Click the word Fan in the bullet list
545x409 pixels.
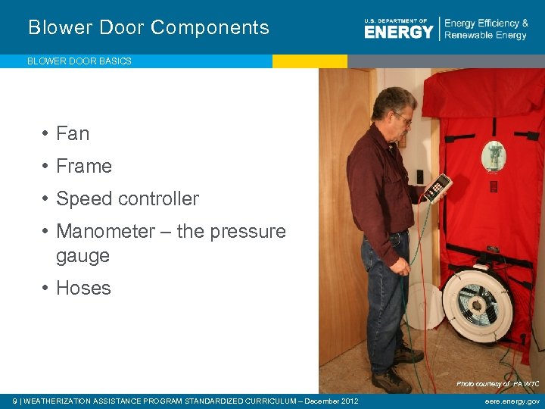pyautogui.click(x=73, y=134)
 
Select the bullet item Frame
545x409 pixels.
pyautogui.click(x=84, y=167)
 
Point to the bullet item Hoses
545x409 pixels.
pyautogui.click(x=83, y=289)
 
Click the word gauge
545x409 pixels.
pyautogui.click(x=83, y=256)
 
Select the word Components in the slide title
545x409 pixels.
pyautogui.click(x=210, y=28)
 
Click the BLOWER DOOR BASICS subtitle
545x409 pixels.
pyautogui.click(x=79, y=61)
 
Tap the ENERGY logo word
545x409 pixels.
pyautogui.click(x=398, y=31)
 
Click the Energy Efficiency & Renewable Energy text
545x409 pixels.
pyautogui.click(x=486, y=30)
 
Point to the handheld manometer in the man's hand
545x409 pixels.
pyautogui.click(x=438, y=188)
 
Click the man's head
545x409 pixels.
pyautogui.click(x=394, y=107)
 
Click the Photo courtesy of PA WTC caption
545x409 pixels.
pyautogui.click(x=497, y=384)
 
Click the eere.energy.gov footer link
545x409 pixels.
pyautogui.click(x=512, y=401)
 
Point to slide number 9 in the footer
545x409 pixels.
pyautogui.click(x=15, y=401)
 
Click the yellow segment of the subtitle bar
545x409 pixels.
pyautogui.click(x=310, y=61)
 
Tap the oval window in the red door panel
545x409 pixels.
pyautogui.click(x=494, y=157)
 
